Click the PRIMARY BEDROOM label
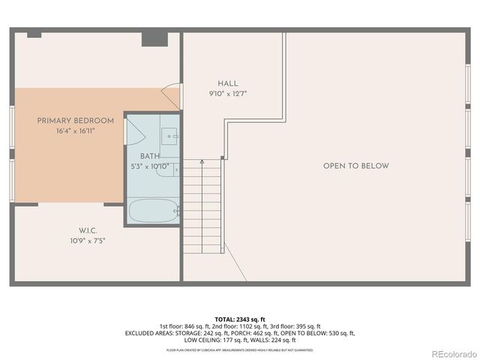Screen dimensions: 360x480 pos(76,121)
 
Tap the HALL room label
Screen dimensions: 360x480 pos(228,83)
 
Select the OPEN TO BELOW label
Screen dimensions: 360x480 pos(355,166)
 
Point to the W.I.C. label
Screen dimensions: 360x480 pos(88,230)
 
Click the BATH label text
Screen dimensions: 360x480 pos(150,156)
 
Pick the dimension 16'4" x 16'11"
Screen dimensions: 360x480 pos(76,130)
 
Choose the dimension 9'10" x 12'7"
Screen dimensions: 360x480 pos(228,94)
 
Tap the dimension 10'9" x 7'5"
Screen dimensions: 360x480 pos(88,241)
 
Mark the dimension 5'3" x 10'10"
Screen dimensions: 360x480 pos(150,166)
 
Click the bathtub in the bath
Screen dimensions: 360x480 pos(153,211)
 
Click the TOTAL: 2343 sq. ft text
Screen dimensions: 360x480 pos(240,319)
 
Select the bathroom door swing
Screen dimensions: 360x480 pos(136,132)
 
